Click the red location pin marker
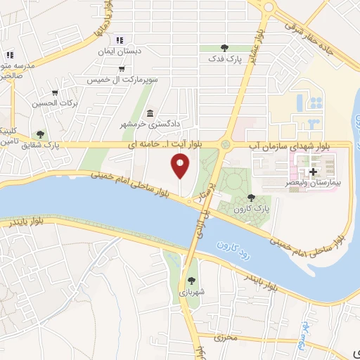click(180, 166)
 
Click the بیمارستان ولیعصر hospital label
click(314, 181)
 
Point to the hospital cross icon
click(312, 172)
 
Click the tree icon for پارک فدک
click(224, 48)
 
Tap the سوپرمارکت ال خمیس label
click(121, 80)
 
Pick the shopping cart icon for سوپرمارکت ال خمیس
click(123, 69)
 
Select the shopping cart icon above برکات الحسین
click(55, 92)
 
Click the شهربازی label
click(191, 293)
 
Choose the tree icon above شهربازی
click(191, 281)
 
